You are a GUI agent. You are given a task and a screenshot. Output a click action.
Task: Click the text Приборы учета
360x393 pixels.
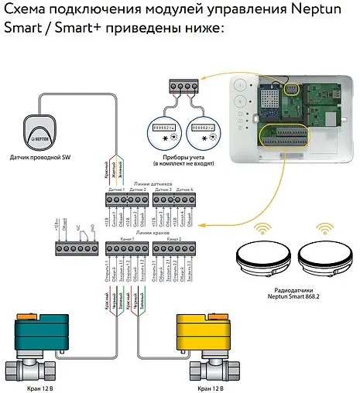[184, 158]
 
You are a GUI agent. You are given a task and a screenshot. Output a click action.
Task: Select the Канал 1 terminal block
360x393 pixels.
[125, 248]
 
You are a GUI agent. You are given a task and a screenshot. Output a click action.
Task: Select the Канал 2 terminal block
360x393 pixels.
[169, 248]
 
